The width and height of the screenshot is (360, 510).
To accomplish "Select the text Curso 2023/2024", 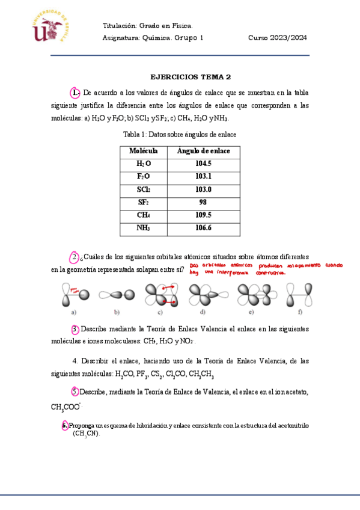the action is point(277,37).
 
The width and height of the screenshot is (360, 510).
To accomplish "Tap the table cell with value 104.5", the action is point(203,164).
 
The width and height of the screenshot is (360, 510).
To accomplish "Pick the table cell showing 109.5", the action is point(203,215).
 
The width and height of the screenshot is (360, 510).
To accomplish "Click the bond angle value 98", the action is point(203,203).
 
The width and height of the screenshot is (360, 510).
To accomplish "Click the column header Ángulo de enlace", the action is point(203,150).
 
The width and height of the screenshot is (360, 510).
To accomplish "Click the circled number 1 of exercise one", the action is point(75,93).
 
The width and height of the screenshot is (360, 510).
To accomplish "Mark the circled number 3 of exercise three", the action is point(75,329).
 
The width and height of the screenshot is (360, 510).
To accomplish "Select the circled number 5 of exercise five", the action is point(75,392).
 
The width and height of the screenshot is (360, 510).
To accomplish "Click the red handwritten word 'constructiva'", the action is point(270,272).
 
